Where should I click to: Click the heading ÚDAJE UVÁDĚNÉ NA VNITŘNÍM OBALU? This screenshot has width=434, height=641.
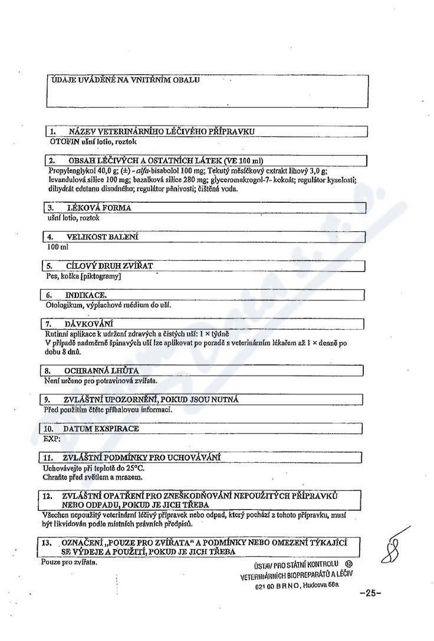(x=126, y=80)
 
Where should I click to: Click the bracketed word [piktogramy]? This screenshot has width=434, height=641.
(x=101, y=276)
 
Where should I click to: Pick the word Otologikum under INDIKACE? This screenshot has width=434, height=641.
(x=63, y=305)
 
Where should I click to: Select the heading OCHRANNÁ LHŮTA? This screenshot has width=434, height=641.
(x=101, y=371)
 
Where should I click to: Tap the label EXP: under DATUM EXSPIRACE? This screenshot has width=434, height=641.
(x=49, y=439)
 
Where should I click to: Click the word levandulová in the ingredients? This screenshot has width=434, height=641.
(x=64, y=179)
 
